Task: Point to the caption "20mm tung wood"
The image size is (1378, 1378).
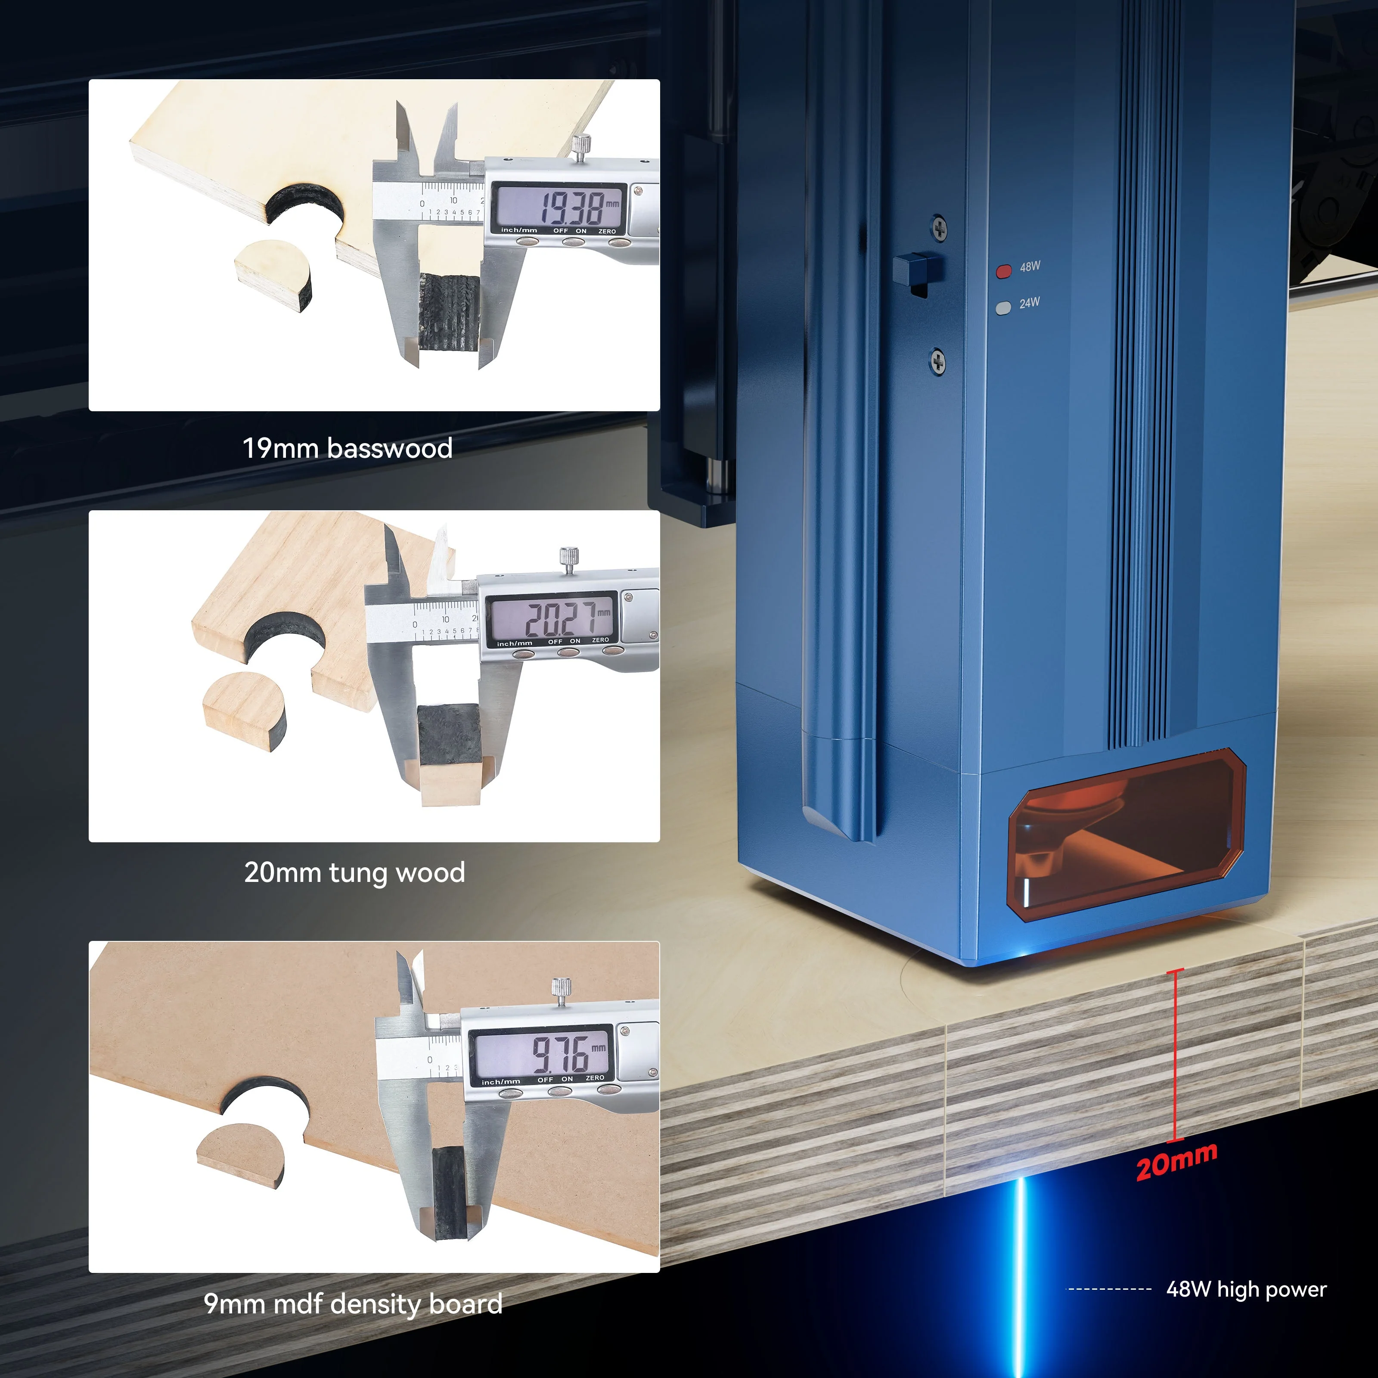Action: click(354, 872)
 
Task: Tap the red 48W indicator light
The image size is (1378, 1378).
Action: click(1003, 271)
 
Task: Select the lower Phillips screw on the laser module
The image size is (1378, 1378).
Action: click(939, 362)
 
